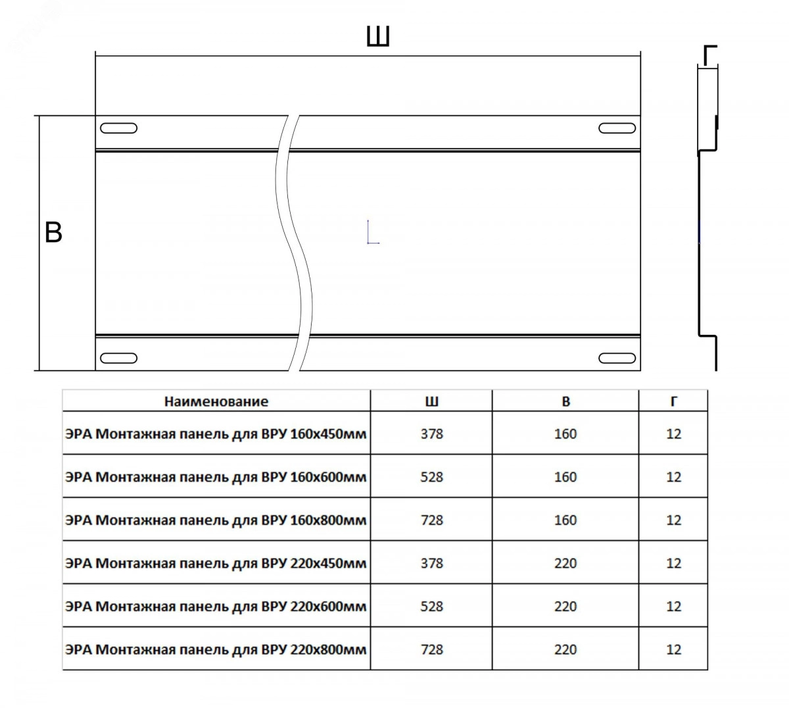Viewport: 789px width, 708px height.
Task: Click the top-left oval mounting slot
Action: (x=119, y=128)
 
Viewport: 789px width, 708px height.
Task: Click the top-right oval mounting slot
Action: (x=617, y=128)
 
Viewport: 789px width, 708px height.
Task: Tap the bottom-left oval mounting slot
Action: (x=119, y=358)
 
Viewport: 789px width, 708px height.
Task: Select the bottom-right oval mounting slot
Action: (x=617, y=358)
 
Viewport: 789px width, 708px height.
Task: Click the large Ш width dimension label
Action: (x=378, y=37)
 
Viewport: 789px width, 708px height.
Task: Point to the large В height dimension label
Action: (x=53, y=232)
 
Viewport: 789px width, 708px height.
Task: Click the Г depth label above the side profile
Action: (x=710, y=55)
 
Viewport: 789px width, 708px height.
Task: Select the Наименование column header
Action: (x=216, y=401)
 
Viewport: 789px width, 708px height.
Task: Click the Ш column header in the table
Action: (x=431, y=401)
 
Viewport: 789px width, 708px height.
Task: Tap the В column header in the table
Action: (x=566, y=401)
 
